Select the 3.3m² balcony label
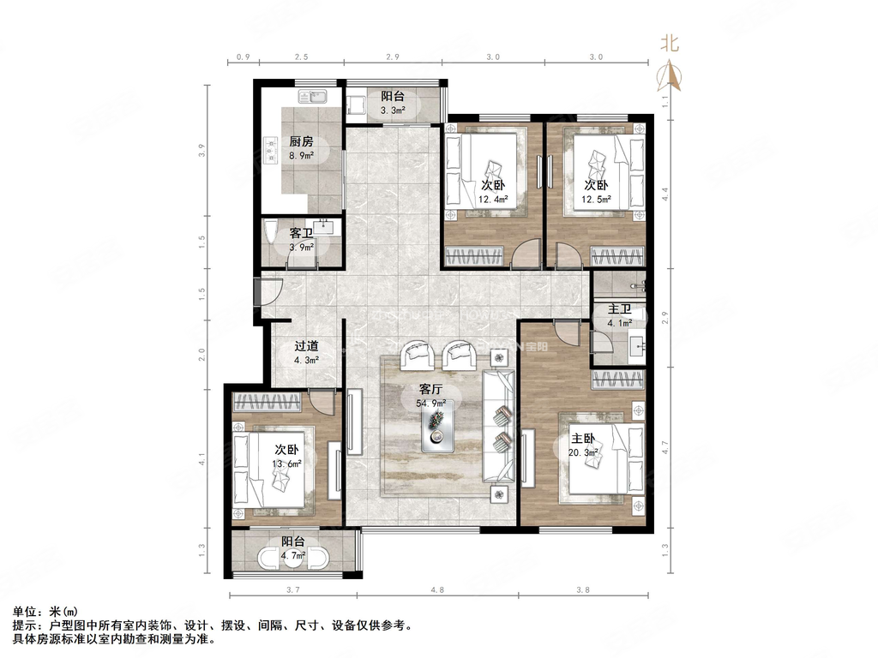point(393,103)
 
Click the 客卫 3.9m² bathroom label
point(301,239)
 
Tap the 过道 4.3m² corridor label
point(307,353)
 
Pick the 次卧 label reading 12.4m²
point(494,191)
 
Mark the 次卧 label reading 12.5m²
point(597,191)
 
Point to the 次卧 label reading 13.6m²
point(287,457)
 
